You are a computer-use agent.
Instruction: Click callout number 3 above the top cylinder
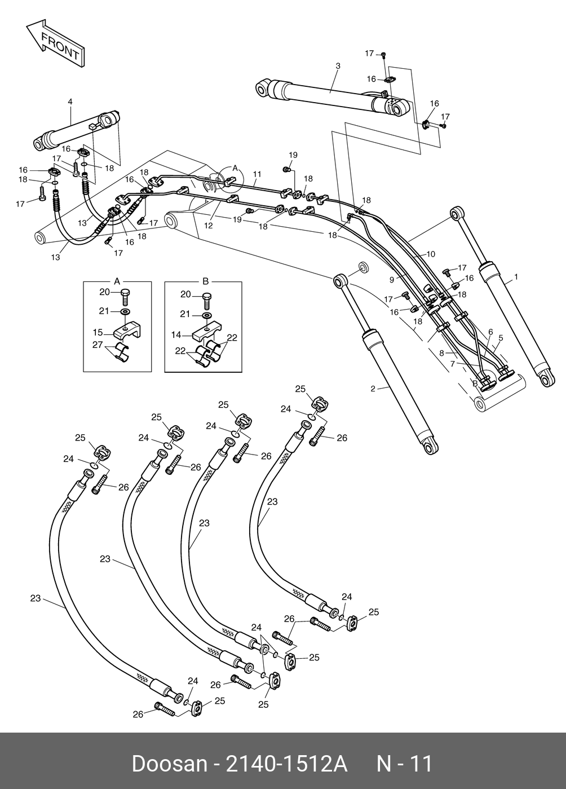[x=338, y=66]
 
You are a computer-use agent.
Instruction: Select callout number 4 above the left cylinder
[x=70, y=102]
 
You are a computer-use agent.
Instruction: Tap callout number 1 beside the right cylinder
[x=516, y=277]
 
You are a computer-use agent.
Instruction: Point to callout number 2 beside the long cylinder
[x=373, y=389]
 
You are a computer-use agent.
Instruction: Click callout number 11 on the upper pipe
[x=257, y=174]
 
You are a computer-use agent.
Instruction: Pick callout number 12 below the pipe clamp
[x=208, y=225]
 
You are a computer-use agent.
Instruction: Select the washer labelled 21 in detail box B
[x=207, y=315]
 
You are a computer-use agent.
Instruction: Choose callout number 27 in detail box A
[x=98, y=345]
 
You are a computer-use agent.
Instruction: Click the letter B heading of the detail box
[x=205, y=280]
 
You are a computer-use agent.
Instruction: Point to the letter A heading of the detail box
[x=117, y=280]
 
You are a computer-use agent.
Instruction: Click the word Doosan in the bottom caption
[x=169, y=764]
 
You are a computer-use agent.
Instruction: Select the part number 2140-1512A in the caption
[x=286, y=764]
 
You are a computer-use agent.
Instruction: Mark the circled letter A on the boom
[x=235, y=169]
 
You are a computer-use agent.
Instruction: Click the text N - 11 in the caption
[x=404, y=764]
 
